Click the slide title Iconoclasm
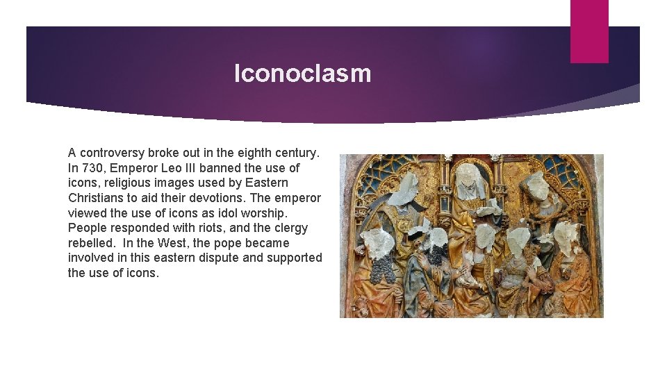tap(302, 73)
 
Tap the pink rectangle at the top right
tap(589, 31)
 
